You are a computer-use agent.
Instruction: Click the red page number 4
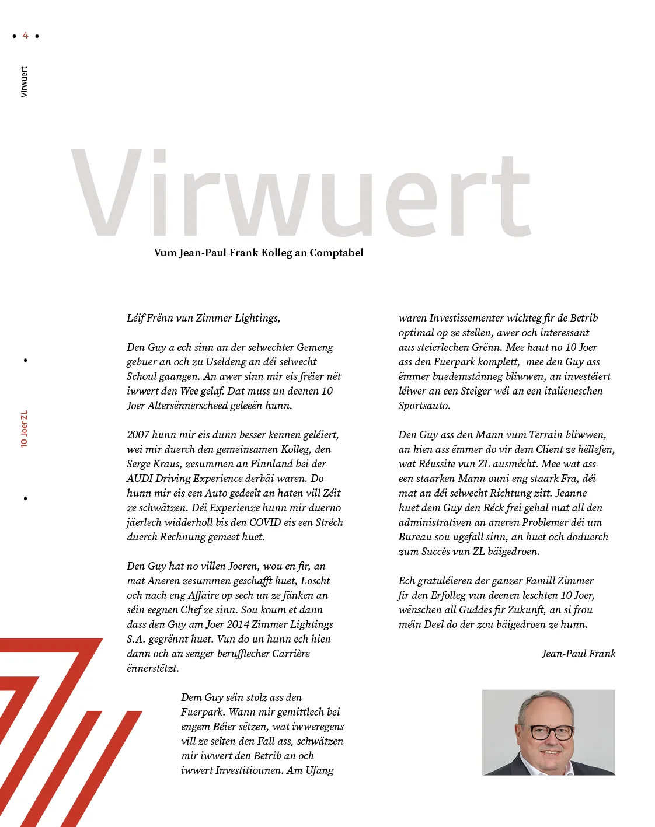(25, 36)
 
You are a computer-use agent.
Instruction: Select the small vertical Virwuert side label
(24, 82)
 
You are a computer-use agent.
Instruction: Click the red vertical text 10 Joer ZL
(24, 429)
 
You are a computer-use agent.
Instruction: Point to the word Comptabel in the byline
(336, 253)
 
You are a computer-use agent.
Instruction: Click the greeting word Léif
(135, 318)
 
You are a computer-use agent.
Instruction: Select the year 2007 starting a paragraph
(138, 435)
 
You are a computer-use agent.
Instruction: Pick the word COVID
(265, 522)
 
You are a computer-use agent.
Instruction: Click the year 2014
(238, 624)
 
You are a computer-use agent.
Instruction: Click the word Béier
(224, 727)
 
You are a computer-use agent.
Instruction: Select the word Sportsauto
(424, 406)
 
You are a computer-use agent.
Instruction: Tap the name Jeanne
(571, 493)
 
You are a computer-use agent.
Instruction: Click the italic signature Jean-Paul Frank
(579, 654)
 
